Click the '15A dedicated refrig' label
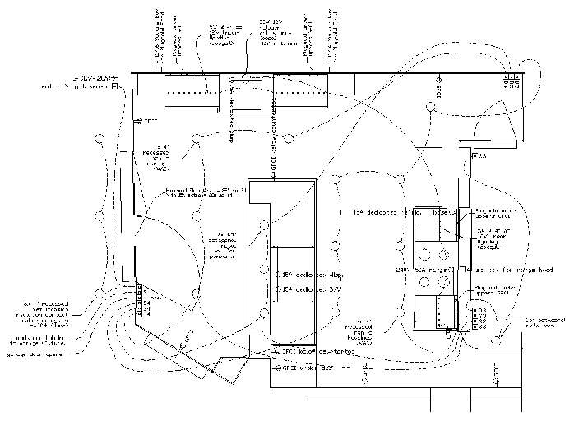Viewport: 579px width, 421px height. (390, 212)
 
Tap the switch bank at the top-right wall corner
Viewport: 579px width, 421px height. (512, 78)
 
